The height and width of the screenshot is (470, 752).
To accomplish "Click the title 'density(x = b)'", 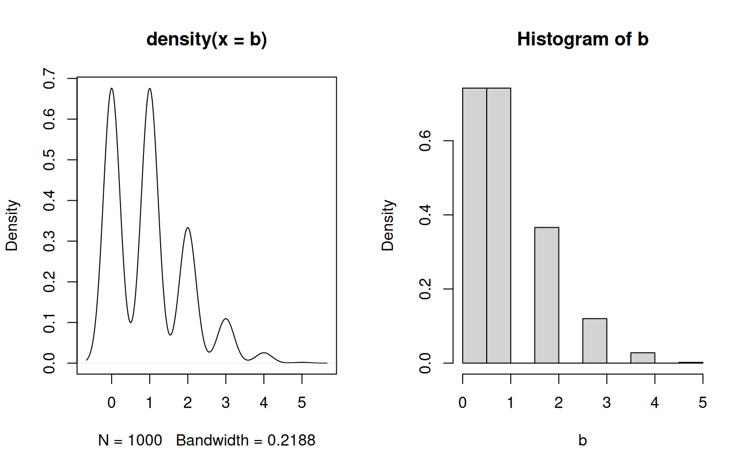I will point(207,39).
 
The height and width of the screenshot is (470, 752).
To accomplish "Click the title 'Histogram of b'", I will point(583,39).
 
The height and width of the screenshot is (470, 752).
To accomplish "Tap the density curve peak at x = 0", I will point(112,89).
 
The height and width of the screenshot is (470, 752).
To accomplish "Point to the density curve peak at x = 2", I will point(188,228).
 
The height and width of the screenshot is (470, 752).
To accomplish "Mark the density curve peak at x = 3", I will point(226,319).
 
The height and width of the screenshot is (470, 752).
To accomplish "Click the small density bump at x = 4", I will point(264,353).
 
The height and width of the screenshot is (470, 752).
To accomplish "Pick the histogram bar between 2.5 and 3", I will point(594,341).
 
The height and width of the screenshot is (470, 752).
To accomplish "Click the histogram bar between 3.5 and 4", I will point(642,358).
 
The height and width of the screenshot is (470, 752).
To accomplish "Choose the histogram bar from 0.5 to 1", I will point(498,225).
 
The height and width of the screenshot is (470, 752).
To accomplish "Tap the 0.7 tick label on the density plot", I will point(49,78).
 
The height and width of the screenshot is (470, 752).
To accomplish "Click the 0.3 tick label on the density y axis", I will point(49,241).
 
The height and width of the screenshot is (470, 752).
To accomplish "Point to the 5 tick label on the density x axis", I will point(302,403).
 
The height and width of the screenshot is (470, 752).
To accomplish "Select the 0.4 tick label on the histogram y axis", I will point(425,215).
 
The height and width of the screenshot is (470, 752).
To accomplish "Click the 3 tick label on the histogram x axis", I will point(607,403).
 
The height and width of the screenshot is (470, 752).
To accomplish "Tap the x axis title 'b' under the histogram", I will point(583,441).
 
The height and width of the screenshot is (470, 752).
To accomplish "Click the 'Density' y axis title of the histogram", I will point(387,225).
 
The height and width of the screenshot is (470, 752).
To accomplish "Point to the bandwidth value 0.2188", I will point(291,441).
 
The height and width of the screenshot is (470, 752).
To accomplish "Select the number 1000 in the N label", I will point(145,441).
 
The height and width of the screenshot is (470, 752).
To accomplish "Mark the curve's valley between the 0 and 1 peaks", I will point(131,322).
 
